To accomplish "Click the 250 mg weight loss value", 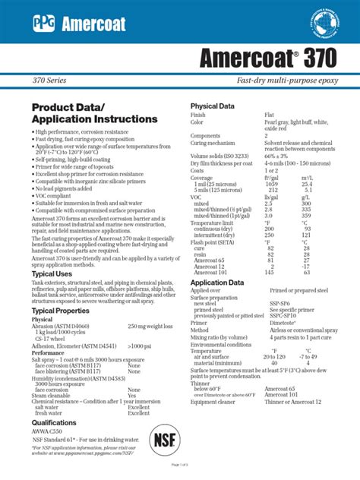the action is coord(149,327).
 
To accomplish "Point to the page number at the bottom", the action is coord(180,464).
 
